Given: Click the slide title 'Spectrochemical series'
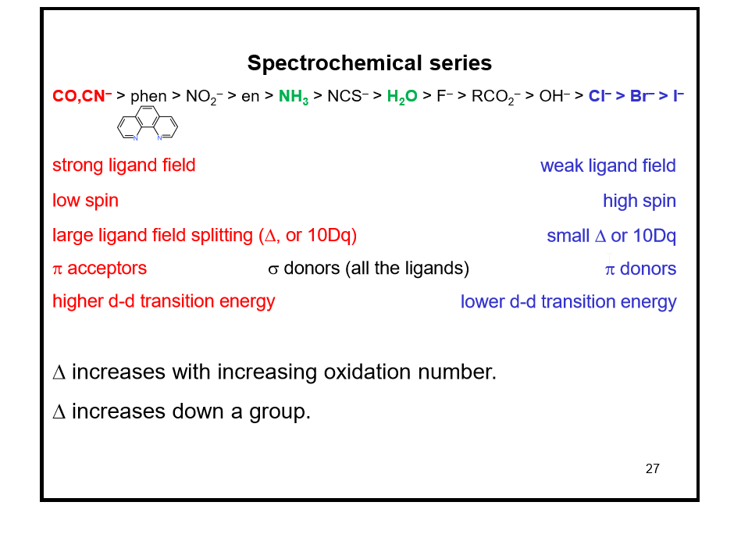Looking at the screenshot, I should coord(369,63).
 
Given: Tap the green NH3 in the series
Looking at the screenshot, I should coord(294,97).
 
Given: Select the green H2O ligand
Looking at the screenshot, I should coord(402,97).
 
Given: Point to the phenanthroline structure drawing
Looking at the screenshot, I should coord(148,126).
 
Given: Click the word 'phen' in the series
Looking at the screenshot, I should coord(148,97).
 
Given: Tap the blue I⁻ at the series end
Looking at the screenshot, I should coord(678,96).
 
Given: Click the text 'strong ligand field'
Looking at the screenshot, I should coord(123,166).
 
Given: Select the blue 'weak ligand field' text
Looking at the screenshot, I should coord(607,166).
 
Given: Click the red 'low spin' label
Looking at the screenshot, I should coord(85,201).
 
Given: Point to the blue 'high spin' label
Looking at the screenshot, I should coord(639,201).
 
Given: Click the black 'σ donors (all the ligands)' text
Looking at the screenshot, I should coord(369,269).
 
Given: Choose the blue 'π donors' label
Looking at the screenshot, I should coord(640,269).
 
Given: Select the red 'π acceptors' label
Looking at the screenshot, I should coord(99,269).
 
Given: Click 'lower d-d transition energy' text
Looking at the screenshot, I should coord(568,302).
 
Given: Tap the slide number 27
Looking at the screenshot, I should coord(653,469).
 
